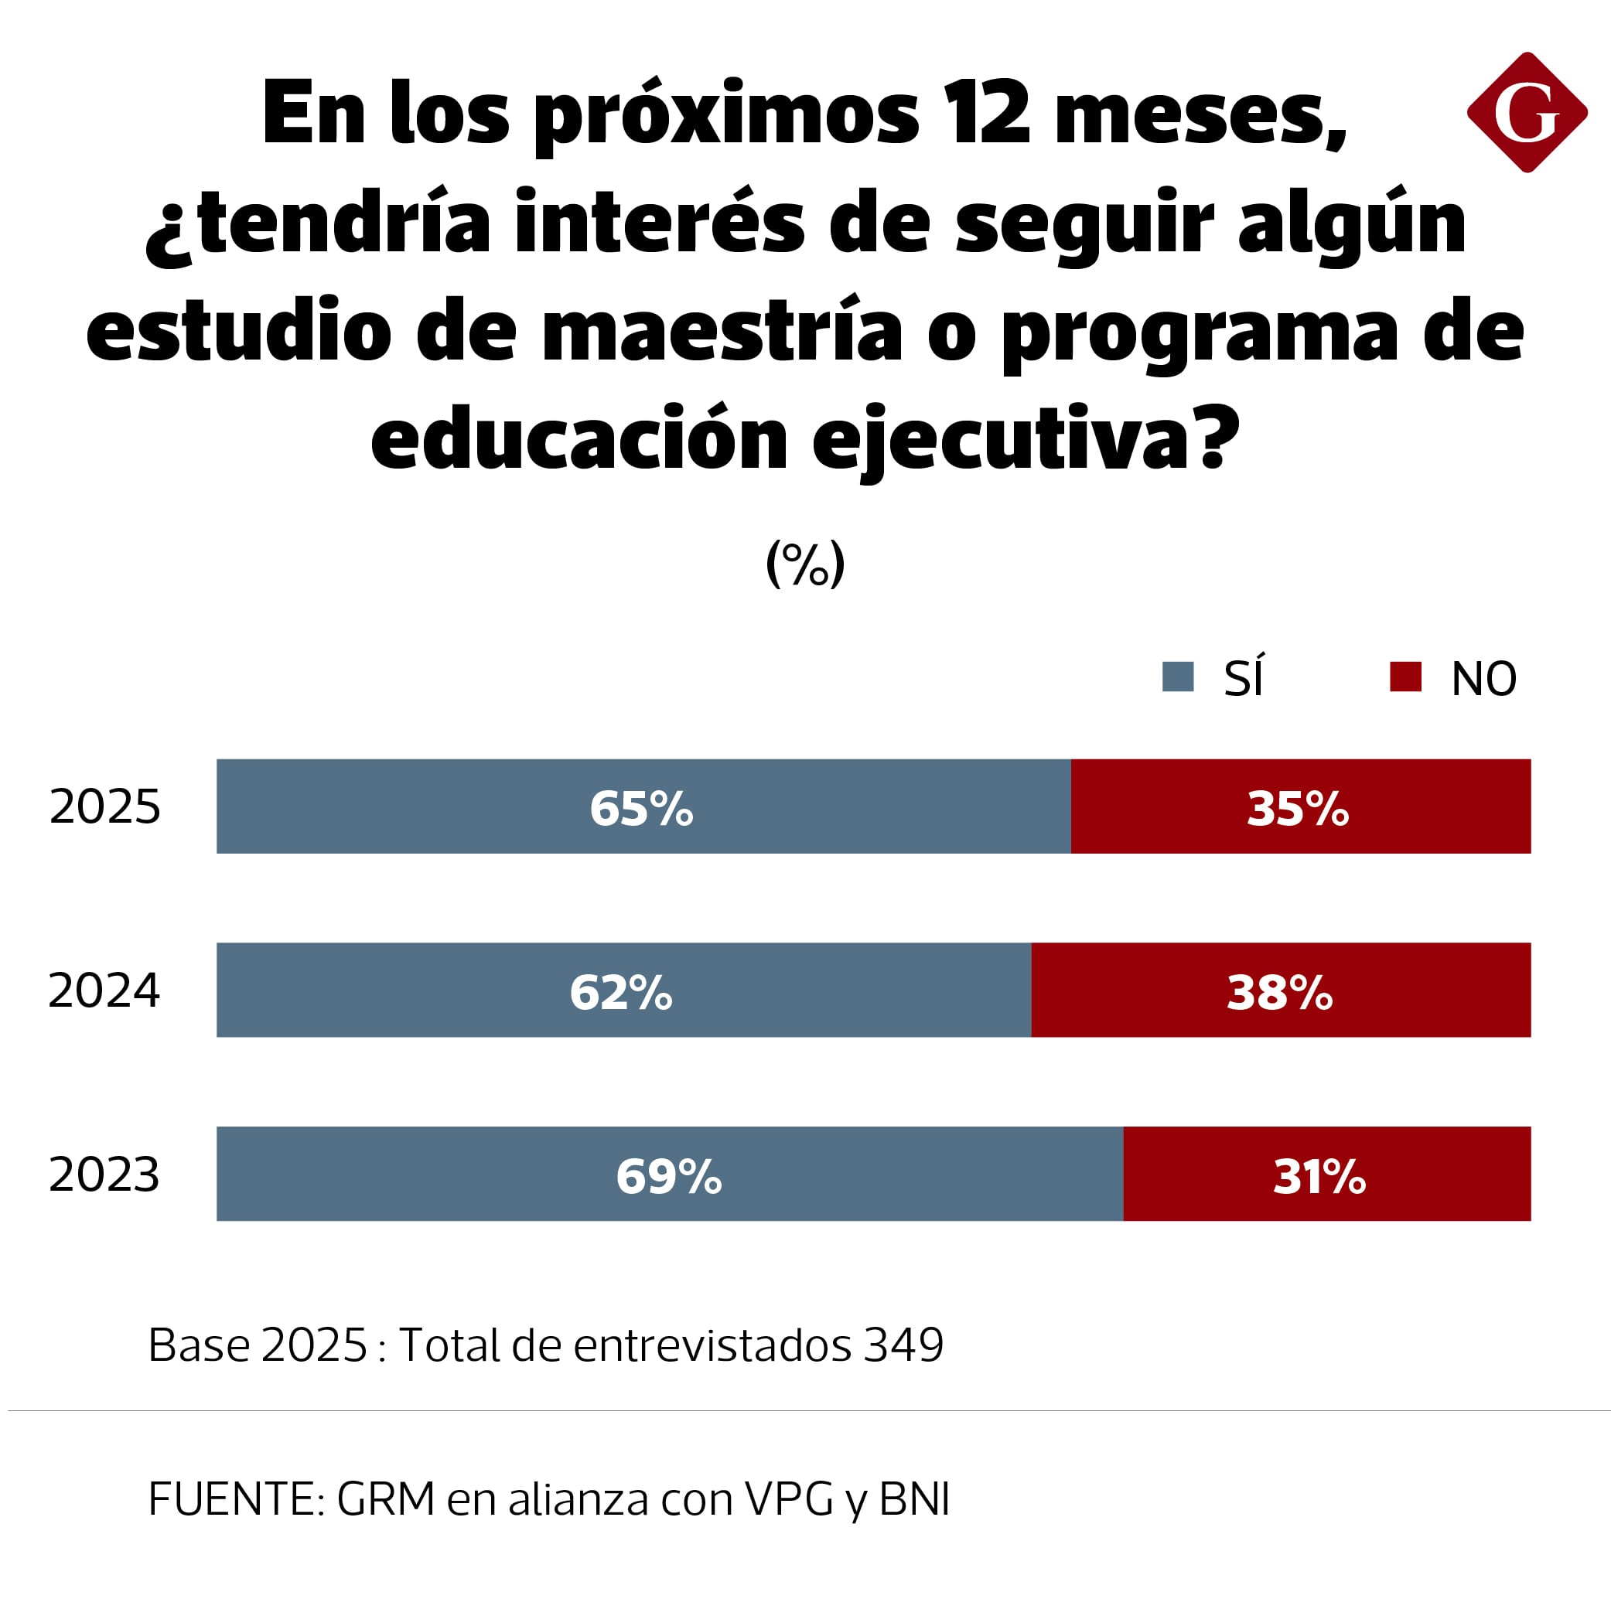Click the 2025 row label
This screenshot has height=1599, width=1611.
click(105, 807)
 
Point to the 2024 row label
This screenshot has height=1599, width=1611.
click(104, 990)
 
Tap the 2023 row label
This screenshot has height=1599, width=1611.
click(104, 1175)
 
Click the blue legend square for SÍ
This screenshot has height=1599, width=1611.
click(1177, 676)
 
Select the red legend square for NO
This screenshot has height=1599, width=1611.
click(1405, 676)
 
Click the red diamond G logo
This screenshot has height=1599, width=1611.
click(1527, 113)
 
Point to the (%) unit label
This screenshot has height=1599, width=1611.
click(804, 564)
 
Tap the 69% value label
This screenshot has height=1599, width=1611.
click(669, 1176)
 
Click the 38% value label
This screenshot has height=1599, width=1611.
click(1280, 992)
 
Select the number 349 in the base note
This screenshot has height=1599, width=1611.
click(903, 1345)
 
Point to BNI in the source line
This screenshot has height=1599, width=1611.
click(915, 1499)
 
